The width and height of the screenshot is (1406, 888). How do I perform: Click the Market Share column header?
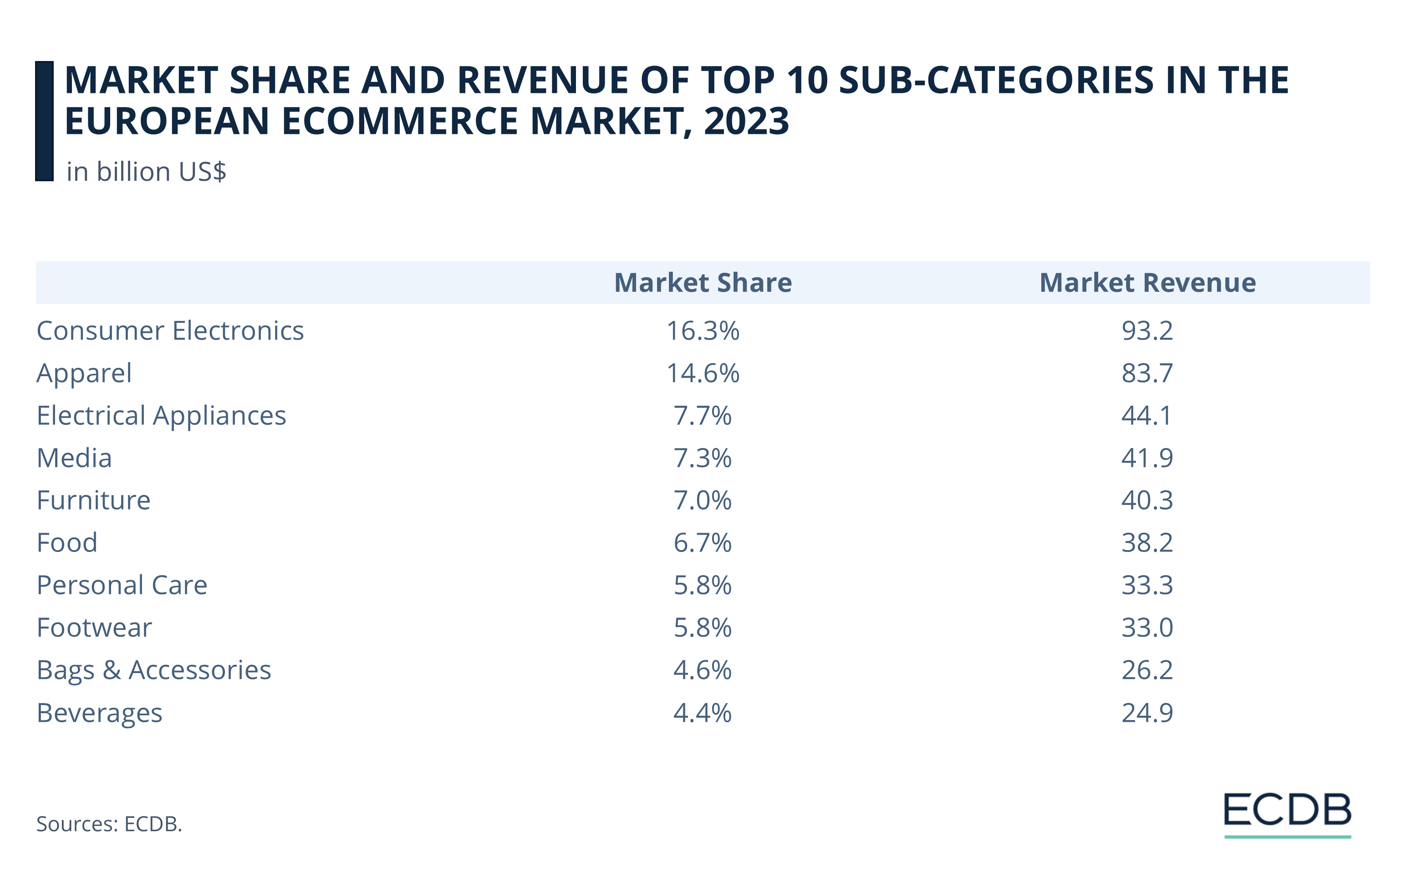[x=703, y=283]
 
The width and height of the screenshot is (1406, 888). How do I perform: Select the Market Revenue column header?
[x=1147, y=283]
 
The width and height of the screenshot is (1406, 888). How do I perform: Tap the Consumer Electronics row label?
[x=170, y=331]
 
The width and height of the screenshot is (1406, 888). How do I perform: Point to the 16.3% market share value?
[x=703, y=331]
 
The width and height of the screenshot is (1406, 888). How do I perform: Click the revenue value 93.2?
[x=1147, y=331]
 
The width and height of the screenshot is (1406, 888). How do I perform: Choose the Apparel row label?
[x=84, y=373]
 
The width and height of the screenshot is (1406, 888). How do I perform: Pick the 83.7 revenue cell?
[x=1147, y=373]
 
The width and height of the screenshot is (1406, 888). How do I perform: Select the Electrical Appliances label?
[x=161, y=416]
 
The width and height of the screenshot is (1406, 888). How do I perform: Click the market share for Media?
[x=703, y=458]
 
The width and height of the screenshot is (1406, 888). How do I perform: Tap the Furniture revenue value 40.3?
[x=1147, y=500]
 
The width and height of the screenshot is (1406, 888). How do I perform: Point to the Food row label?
[x=66, y=543]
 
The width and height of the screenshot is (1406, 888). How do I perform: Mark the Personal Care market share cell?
[x=703, y=585]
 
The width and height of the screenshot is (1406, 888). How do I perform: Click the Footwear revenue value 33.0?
[x=1147, y=628]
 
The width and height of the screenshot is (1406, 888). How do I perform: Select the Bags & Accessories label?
[x=153, y=670]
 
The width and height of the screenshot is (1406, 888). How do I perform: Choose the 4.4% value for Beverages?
[x=703, y=713]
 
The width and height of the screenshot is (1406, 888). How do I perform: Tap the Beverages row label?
[x=99, y=713]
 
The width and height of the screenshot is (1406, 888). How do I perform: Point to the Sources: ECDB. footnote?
[x=109, y=824]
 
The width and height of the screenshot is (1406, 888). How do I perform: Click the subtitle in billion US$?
[x=146, y=172]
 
